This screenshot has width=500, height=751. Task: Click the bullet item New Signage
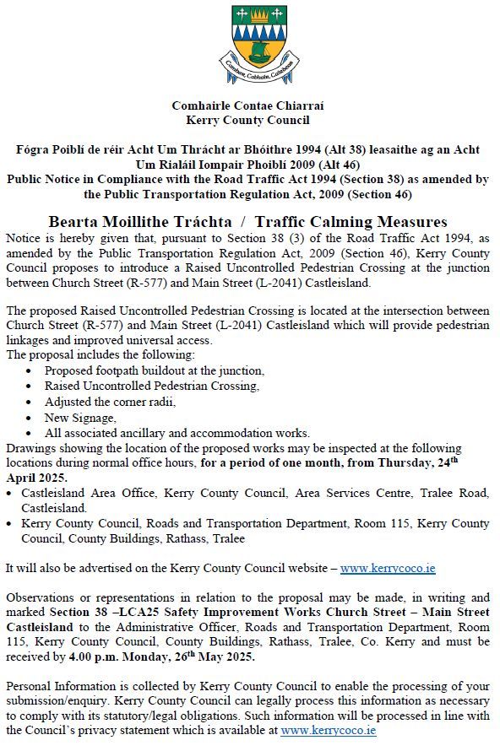point(80,417)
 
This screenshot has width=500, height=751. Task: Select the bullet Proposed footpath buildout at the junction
point(154,370)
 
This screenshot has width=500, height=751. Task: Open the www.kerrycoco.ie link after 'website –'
point(388,569)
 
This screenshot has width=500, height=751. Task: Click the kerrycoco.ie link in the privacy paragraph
point(329,731)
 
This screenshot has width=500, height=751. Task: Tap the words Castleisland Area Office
point(101,493)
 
